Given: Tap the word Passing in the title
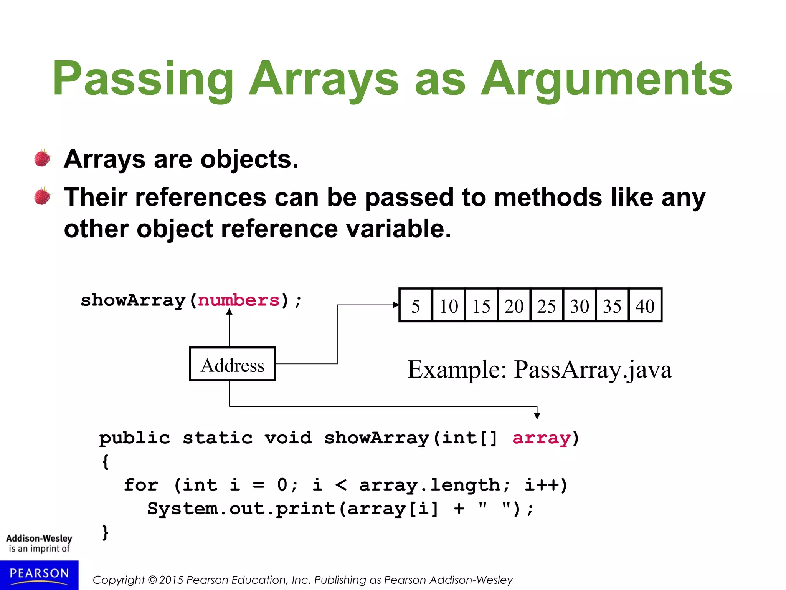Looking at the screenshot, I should (143, 79).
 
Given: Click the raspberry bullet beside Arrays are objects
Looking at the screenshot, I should (43, 158).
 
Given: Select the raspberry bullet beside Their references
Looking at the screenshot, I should (43, 196).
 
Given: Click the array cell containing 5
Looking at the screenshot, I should (416, 306).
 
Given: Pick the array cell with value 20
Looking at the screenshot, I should (514, 306).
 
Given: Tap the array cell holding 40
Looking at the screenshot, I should (645, 306).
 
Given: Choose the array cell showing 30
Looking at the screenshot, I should (580, 306).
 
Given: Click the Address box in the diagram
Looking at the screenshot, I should (233, 364).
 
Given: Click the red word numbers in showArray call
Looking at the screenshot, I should (239, 300).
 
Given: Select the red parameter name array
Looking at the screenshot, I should (542, 438).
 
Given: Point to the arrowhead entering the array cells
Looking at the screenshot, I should (396, 305).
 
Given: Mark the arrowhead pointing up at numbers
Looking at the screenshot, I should (229, 312).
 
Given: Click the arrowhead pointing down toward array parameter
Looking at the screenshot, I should (537, 416).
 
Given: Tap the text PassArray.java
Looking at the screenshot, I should (593, 370).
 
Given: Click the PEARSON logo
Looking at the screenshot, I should (39, 574).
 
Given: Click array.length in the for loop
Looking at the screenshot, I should (430, 485).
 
